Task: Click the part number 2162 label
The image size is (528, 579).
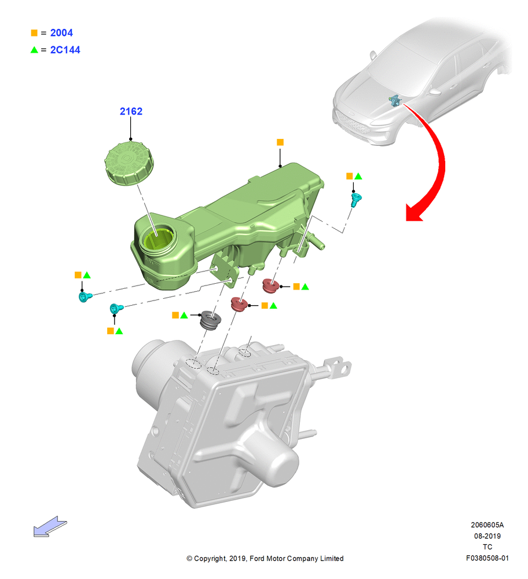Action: point(131,111)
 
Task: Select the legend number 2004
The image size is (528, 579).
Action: point(61,33)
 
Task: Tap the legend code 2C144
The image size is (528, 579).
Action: point(65,50)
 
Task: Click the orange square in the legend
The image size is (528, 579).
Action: point(34,33)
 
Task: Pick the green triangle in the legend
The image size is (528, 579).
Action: point(34,50)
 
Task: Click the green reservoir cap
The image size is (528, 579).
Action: point(129,163)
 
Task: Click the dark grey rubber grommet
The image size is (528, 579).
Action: point(210,321)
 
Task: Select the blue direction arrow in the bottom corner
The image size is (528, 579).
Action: point(50,526)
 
